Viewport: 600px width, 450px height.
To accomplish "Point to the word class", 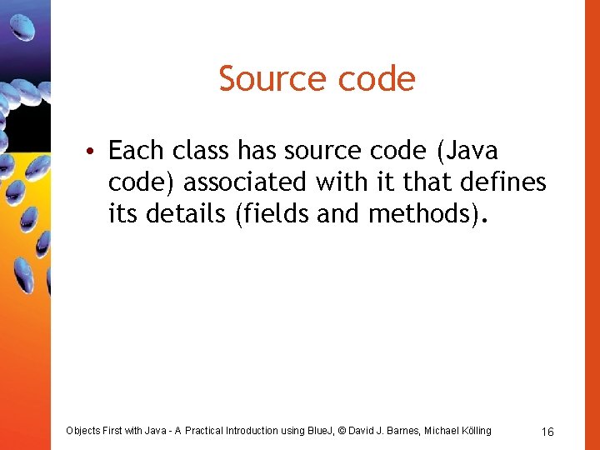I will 202,151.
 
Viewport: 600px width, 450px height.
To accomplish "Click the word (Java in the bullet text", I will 468,151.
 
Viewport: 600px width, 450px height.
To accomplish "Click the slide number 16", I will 547,432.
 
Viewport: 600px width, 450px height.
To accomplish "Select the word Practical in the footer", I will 211,431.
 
